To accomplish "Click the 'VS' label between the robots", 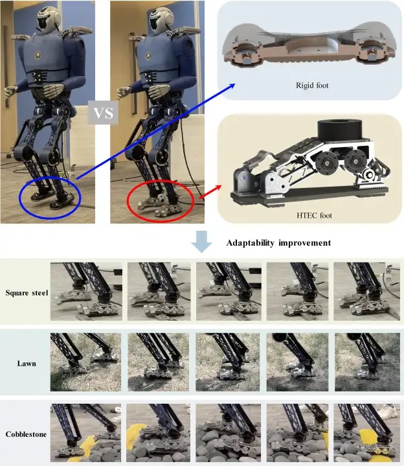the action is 103,113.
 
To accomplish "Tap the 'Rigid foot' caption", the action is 312,86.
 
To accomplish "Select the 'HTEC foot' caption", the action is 314,215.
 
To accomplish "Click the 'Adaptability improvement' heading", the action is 278,243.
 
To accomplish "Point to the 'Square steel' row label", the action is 27,293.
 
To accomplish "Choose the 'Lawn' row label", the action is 27,364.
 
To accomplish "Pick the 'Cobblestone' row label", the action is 26,434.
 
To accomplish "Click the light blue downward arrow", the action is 201,242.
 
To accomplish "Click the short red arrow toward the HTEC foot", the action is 210,192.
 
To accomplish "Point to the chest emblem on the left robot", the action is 38,55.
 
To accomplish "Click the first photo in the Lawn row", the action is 85,362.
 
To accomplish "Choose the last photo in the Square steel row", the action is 366,291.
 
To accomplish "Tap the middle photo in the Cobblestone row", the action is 228,433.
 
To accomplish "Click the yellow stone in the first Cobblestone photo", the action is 87,446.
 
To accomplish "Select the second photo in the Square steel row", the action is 159,291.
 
